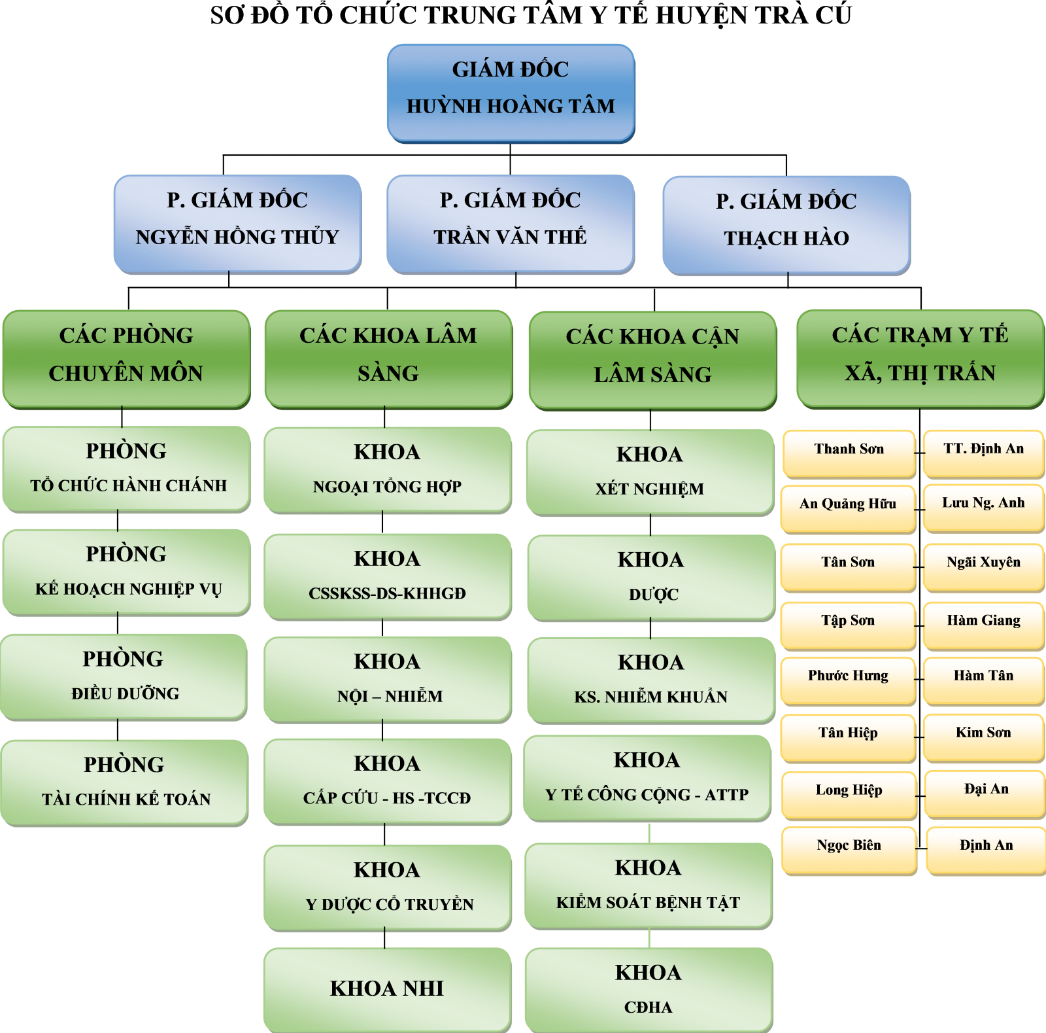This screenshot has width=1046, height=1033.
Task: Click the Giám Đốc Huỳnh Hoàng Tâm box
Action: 511,92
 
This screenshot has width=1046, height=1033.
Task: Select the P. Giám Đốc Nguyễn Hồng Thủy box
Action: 237,222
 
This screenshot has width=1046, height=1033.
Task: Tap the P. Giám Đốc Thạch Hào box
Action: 786,224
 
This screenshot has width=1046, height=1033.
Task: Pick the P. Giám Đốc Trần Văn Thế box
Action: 510,222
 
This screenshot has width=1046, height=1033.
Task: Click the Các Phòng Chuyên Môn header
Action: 126,358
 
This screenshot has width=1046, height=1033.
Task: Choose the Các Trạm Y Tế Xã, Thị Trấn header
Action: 920,358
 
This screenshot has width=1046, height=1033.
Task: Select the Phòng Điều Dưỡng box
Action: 124,676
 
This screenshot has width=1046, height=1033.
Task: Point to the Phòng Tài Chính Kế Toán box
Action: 124,781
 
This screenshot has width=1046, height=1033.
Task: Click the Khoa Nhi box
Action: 387,989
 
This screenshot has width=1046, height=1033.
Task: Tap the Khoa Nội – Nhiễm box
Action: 388,678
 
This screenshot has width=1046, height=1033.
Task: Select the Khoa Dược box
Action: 651,576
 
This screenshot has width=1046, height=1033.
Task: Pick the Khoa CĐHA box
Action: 649,989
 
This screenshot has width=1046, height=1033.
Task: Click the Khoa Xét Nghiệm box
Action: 650,471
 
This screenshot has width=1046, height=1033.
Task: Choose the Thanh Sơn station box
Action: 849,452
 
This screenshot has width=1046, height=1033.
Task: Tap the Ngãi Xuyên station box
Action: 983,565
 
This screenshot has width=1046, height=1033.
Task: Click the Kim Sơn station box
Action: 983,736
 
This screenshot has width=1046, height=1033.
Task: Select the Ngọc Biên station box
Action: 849,849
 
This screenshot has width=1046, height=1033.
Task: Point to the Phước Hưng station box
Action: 848,679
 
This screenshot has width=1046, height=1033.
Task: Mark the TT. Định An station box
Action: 983,452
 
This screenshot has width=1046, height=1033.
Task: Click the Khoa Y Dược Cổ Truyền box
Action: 388,886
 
